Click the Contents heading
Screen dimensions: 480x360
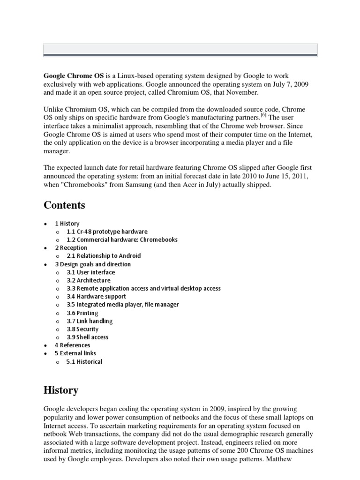tap(65, 205)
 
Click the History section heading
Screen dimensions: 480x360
tap(61, 390)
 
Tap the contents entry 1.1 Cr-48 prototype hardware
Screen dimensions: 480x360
tap(107, 232)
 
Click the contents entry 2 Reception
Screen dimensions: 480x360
tap(71, 247)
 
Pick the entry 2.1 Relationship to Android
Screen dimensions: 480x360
tap(104, 256)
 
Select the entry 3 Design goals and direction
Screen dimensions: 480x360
tap(93, 264)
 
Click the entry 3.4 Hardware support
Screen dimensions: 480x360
tap(96, 296)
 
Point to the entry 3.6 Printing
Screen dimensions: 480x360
tap(82, 313)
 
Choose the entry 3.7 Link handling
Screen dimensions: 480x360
tap(90, 321)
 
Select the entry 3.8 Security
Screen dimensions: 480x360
tap(82, 329)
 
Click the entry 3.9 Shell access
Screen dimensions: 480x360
tap(87, 337)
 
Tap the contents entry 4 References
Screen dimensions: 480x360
tap(73, 345)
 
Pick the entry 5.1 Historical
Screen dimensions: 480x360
tap(84, 361)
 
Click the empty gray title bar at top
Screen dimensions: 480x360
tap(180, 49)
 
